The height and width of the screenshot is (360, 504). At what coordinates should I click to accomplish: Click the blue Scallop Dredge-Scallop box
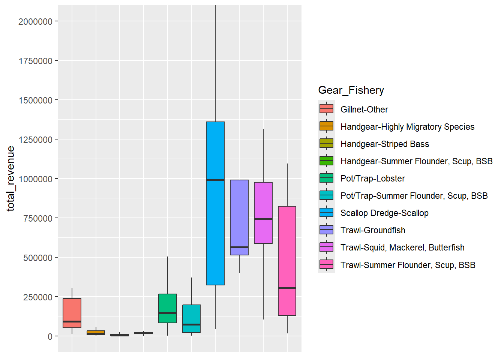(215, 232)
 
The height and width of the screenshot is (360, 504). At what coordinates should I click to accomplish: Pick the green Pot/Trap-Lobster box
(168, 304)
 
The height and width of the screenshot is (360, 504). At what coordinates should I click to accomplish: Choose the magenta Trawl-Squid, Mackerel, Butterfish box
(263, 202)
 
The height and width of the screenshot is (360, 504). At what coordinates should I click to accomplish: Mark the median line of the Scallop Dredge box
(215, 180)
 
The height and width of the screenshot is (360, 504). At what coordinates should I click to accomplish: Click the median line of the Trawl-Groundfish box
(239, 247)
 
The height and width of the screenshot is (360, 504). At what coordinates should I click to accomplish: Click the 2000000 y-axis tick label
(35, 22)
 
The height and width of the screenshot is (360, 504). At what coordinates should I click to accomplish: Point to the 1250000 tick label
(35, 140)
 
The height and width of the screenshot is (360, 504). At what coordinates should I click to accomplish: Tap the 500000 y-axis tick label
(37, 258)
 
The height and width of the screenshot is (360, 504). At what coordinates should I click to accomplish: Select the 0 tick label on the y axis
(50, 337)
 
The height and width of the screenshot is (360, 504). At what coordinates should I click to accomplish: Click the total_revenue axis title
(10, 178)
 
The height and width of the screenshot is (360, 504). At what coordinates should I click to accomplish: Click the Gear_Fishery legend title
(351, 90)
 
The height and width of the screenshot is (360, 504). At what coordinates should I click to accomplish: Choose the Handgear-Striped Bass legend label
(384, 144)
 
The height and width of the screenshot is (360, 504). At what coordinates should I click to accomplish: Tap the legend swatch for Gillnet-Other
(326, 109)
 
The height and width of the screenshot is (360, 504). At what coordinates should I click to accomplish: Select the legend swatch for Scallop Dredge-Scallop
(326, 213)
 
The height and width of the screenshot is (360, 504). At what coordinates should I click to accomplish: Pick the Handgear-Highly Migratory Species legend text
(407, 127)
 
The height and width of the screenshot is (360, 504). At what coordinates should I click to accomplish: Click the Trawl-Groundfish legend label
(372, 230)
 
